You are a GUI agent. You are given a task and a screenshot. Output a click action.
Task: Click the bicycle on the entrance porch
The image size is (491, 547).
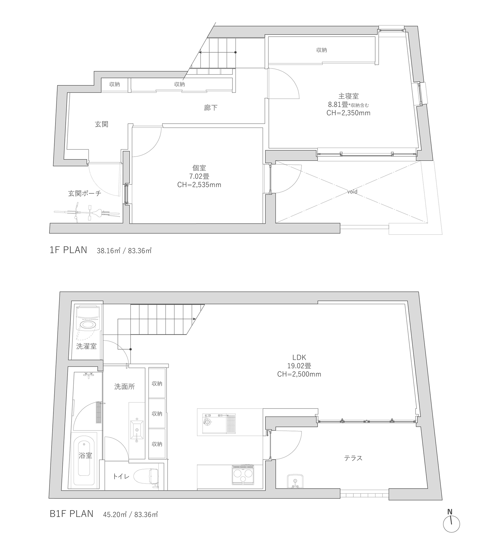87,213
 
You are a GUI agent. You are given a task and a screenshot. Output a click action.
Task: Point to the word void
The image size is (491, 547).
352,192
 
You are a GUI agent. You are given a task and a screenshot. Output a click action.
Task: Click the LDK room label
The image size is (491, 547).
299,357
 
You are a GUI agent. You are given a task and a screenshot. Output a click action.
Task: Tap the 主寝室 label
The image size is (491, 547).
349,96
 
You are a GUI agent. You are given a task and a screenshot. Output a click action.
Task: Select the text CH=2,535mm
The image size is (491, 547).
199,184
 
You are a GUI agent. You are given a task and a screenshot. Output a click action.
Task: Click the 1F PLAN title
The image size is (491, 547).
68,250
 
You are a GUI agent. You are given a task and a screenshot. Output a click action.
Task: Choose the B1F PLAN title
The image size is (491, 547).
72,514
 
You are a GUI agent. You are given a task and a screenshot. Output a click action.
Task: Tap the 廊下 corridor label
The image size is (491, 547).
211,108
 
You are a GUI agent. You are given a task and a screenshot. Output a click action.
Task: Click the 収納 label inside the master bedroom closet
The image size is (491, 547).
322,50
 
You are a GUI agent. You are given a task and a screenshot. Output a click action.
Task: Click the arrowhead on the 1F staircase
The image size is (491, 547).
200,52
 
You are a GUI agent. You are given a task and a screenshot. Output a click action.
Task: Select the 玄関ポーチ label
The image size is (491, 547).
85,194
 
